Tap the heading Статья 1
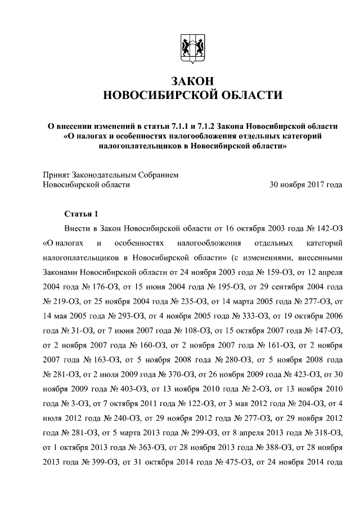[x=82, y=214]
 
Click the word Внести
[x=77, y=229]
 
